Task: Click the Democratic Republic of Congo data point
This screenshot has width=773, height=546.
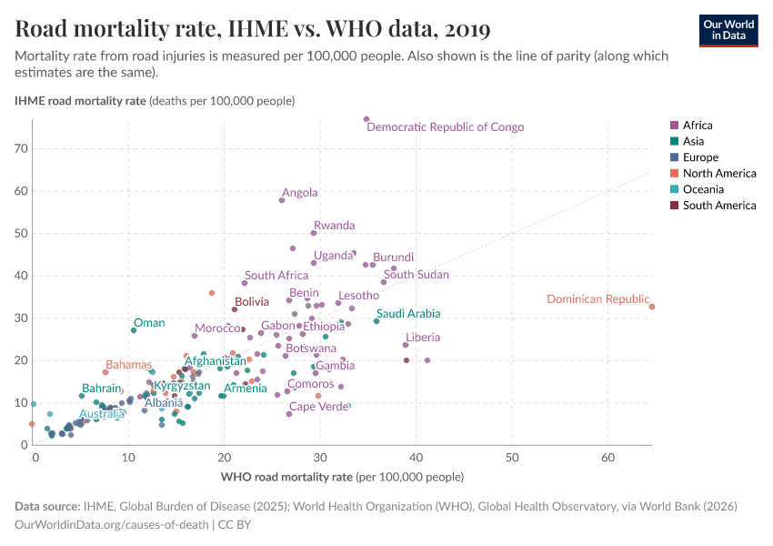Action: (x=366, y=119)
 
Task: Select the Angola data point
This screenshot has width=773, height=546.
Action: (x=282, y=200)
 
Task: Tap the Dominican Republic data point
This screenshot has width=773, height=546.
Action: (x=652, y=307)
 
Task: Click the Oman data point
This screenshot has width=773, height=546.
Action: (x=134, y=330)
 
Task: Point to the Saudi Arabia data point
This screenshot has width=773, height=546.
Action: (x=376, y=321)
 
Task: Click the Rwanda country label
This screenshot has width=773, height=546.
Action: (x=334, y=226)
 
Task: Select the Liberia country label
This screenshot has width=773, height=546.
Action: (x=423, y=338)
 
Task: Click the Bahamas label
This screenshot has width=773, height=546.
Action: (x=128, y=365)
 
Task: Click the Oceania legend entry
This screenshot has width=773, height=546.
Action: (x=703, y=189)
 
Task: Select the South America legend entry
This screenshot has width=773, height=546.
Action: (x=718, y=206)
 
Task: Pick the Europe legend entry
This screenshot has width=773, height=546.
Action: (x=700, y=157)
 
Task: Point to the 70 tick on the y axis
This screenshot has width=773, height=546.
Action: (x=22, y=148)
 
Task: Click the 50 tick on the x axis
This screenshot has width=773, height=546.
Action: (x=512, y=456)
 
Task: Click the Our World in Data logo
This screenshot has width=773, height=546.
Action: (x=728, y=29)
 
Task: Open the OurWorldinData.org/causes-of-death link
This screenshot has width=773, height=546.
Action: (x=112, y=525)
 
